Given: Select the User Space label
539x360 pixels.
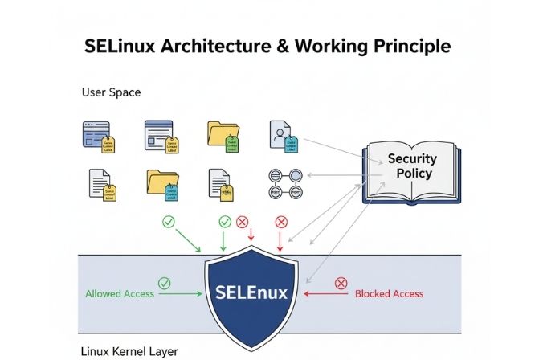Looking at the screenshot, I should [111, 92].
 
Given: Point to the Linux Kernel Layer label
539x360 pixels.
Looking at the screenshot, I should [129, 351].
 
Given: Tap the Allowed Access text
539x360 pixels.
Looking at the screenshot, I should [120, 294].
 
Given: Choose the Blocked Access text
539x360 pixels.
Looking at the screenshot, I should [390, 294].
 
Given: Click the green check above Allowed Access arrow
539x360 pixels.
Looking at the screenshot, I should [164, 282].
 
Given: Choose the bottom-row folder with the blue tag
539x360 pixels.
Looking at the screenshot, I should [162, 183].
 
